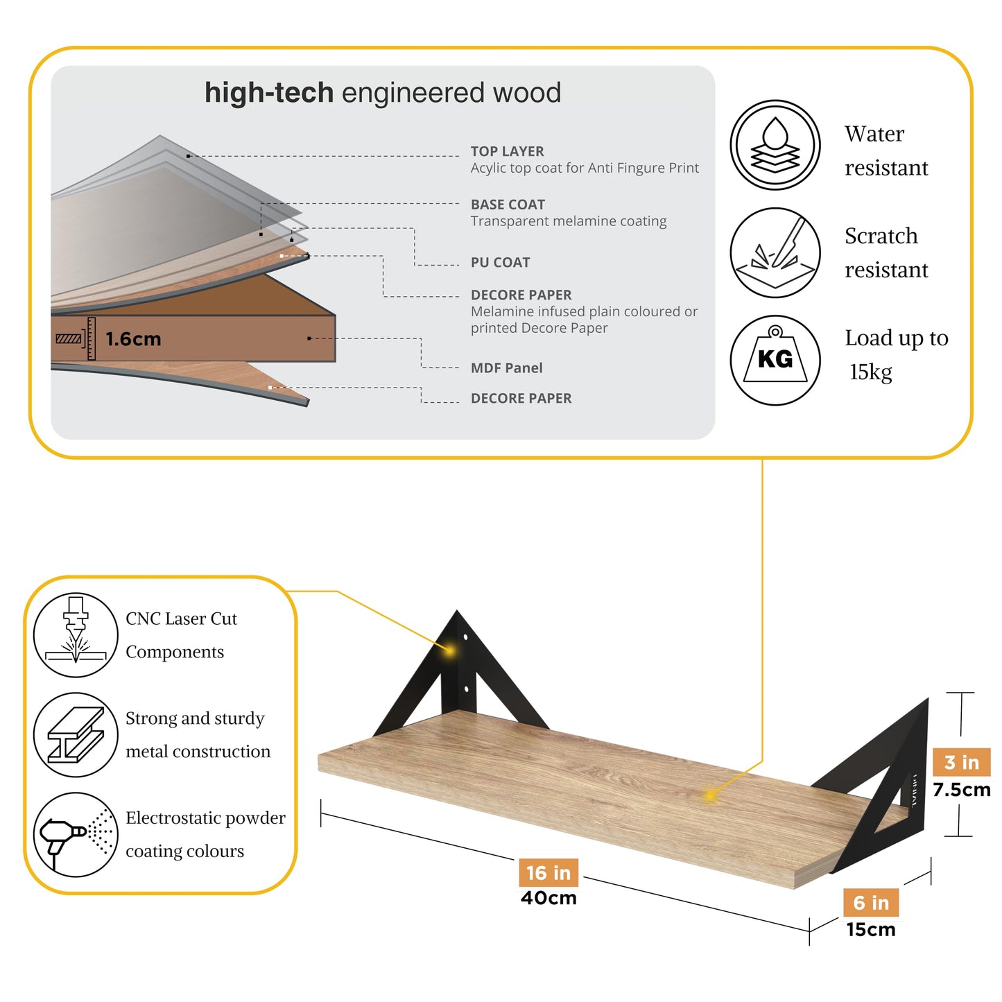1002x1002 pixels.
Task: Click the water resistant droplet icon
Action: (775, 144)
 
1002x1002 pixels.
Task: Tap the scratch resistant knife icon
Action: (775, 252)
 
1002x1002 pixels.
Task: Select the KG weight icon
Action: (775, 360)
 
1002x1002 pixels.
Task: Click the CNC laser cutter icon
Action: (76, 634)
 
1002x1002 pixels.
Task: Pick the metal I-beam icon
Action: (76, 734)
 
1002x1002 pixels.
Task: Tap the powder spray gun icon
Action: (76, 834)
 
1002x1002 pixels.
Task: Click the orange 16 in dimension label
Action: (548, 872)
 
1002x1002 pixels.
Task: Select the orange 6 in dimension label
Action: (870, 903)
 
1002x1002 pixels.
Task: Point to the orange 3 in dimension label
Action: (962, 762)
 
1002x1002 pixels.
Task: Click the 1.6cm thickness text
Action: (133, 339)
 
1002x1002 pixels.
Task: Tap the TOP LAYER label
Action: (507, 151)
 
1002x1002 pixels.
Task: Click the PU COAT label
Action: (500, 263)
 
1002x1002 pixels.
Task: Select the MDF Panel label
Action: (506, 368)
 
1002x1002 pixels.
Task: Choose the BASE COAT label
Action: (508, 205)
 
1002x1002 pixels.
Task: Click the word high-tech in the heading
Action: (269, 92)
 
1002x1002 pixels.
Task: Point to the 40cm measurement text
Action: (548, 898)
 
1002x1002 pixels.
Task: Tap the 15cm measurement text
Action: (871, 929)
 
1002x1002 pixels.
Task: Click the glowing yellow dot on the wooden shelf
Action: (709, 795)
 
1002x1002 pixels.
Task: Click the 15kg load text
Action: (871, 372)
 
